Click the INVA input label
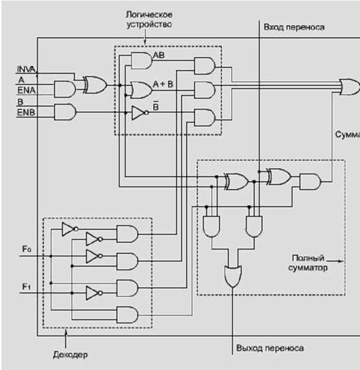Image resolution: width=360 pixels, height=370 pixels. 26,69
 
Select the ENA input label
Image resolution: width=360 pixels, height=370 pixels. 27,90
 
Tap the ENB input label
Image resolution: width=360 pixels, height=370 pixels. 26,113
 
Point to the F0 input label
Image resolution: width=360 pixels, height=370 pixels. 27,249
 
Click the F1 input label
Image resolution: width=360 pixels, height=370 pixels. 27,287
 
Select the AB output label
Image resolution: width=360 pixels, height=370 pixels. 159,55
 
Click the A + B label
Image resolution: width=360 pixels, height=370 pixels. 163,84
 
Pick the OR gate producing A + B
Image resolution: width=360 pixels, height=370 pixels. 141,90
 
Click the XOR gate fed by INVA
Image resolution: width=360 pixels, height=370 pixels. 95,85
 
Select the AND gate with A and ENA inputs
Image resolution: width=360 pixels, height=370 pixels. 65,89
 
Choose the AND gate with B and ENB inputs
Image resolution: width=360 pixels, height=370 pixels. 65,112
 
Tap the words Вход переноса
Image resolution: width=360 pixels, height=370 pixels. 294,27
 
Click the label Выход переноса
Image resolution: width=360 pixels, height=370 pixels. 270,348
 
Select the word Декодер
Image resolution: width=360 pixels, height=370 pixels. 70,354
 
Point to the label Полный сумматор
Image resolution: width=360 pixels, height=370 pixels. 308,263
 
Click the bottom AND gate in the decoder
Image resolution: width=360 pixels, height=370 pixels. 128,315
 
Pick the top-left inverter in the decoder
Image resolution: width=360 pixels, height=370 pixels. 70,229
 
